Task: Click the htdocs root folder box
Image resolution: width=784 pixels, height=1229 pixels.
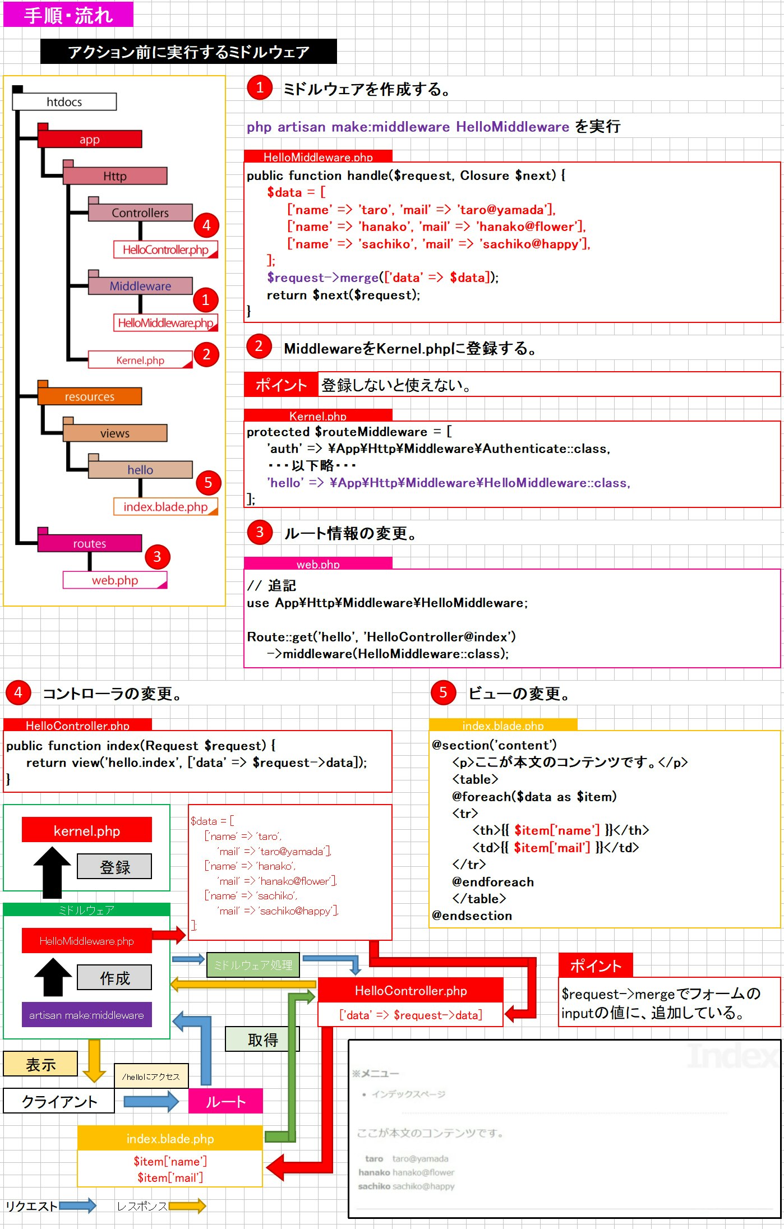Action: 64,102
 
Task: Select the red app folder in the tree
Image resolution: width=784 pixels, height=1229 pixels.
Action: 90,139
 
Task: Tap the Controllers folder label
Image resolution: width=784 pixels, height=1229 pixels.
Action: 140,213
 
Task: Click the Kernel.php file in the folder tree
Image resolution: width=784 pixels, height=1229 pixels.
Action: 140,360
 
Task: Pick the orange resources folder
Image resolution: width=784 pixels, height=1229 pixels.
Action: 90,396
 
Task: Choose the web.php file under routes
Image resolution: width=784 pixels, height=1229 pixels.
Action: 115,580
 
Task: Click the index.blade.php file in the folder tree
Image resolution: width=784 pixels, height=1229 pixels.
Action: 165,507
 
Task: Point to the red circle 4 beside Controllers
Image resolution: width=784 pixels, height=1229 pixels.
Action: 206,225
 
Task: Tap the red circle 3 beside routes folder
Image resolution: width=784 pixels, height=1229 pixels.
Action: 157,557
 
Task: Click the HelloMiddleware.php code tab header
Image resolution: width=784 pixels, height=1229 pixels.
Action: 318,157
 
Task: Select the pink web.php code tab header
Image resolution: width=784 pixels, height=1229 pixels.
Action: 318,564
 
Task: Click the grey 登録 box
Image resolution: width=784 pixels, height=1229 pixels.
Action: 114,867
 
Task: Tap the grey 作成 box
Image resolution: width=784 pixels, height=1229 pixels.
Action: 114,978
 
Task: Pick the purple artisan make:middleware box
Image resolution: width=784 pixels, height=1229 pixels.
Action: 86,1015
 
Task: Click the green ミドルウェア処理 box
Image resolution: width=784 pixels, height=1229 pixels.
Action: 253,965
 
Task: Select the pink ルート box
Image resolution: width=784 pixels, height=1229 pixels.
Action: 225,1102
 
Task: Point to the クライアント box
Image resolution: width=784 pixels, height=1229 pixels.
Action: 59,1102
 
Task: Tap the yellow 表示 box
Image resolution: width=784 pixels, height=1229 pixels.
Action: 40,1064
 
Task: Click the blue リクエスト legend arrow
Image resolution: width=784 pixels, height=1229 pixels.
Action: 77,1206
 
